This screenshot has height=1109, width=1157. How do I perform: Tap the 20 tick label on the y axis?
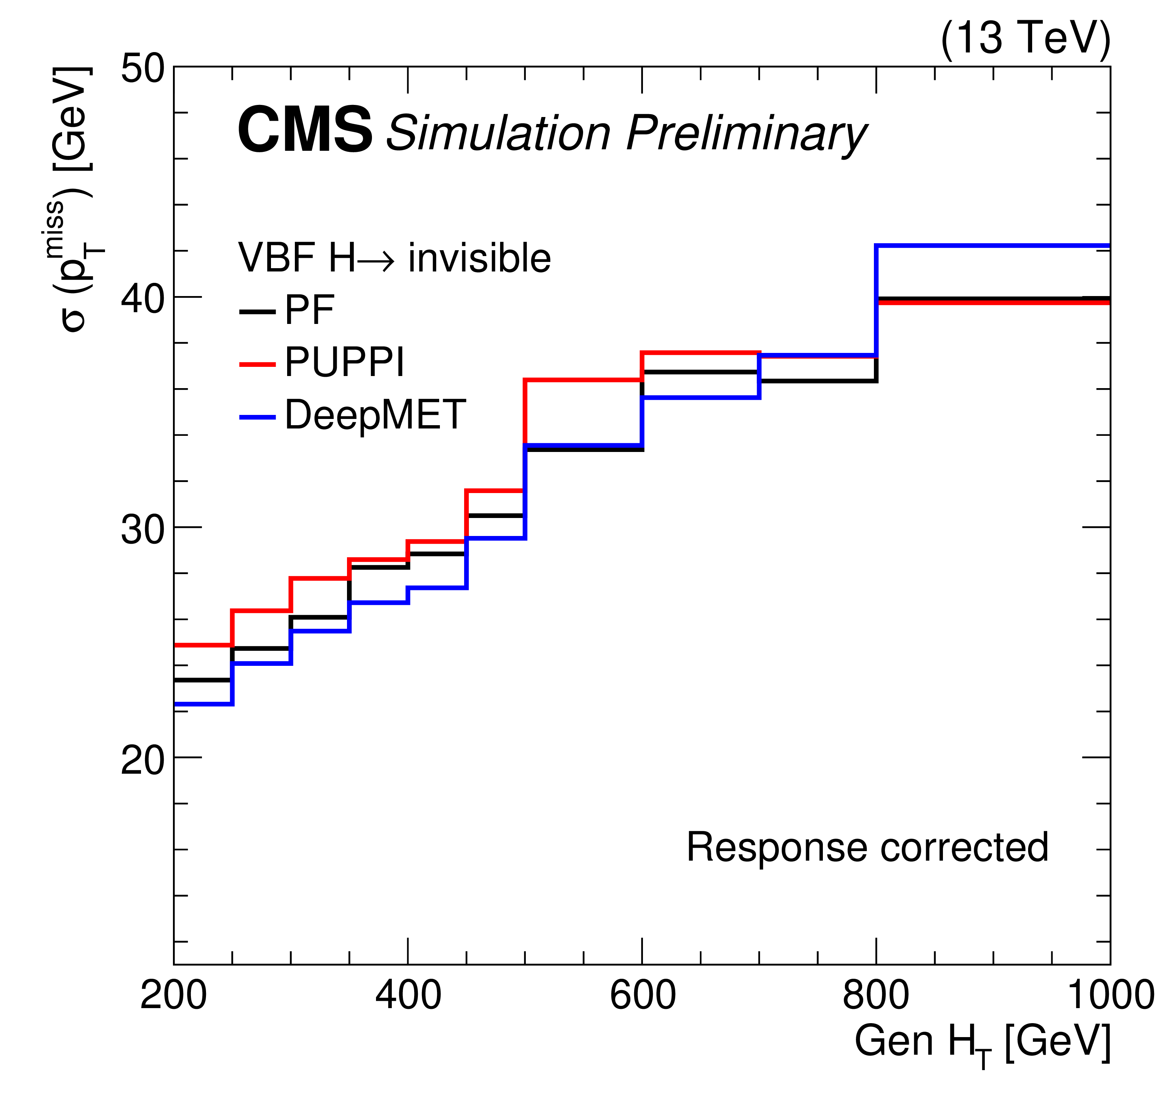142,760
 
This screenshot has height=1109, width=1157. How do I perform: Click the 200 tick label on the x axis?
173,996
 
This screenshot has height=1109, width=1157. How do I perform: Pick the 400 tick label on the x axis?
408,996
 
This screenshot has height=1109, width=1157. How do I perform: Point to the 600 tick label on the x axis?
642,996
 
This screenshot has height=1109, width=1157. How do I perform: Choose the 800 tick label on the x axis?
875,996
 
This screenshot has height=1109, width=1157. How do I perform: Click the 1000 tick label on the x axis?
1110,996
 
